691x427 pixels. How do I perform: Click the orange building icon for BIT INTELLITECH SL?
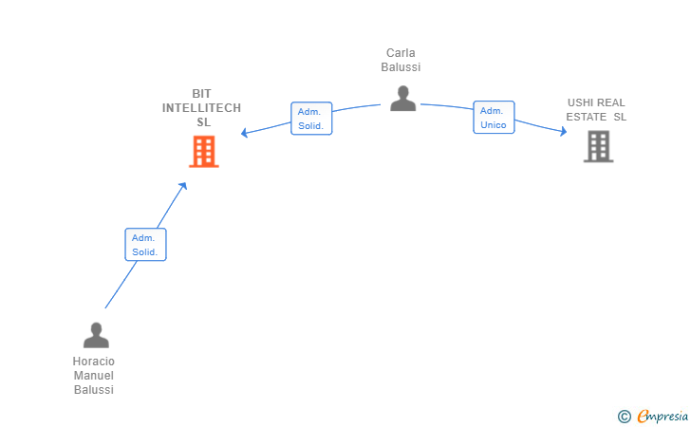[204, 152]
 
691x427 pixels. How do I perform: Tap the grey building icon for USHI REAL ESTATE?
[598, 146]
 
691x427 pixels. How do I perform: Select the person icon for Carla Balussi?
[402, 99]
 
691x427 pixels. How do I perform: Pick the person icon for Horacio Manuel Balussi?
[96, 335]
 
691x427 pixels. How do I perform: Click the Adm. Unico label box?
[494, 118]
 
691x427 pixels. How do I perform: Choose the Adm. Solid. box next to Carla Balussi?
[311, 119]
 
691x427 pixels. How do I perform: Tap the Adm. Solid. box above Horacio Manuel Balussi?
[145, 245]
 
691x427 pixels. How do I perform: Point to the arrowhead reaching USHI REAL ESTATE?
[563, 131]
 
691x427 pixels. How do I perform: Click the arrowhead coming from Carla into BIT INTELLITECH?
[244, 132]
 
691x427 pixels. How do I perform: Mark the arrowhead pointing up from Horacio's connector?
[183, 186]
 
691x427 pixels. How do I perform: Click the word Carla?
[401, 53]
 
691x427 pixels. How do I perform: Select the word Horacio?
[93, 362]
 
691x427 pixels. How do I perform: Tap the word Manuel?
[93, 376]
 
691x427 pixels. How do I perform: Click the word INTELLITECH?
[201, 108]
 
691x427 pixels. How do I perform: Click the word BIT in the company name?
[201, 94]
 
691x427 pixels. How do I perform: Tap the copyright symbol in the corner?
[625, 417]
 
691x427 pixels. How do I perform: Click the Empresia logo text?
[663, 417]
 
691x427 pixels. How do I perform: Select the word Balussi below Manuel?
[93, 390]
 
